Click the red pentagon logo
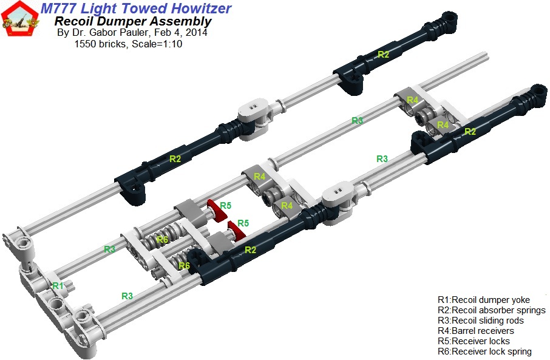[18, 19]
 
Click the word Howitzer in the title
[197, 8]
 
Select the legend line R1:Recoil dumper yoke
[483, 300]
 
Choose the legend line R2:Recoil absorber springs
[491, 310]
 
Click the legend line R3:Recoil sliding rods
[480, 321]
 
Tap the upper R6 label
[162, 240]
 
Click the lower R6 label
[185, 266]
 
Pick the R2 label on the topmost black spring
[383, 54]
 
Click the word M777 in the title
[60, 8]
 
